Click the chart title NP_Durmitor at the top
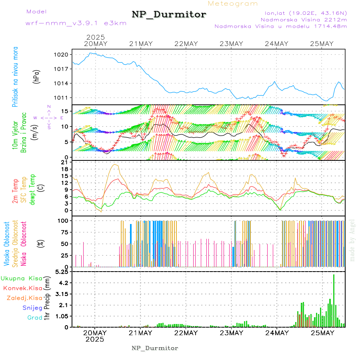click(x=169, y=15)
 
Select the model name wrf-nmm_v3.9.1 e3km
click(x=76, y=23)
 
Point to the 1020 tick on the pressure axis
click(x=64, y=54)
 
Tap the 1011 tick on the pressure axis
click(x=64, y=98)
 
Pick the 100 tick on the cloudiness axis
click(x=64, y=220)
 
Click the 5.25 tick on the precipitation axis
click(x=63, y=272)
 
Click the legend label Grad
click(x=34, y=318)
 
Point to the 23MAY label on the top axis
click(x=232, y=44)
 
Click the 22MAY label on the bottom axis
click(x=186, y=333)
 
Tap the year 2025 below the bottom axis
click(x=95, y=339)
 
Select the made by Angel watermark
click(x=352, y=240)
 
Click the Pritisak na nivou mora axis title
click(x=15, y=77)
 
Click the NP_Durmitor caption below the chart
click(x=155, y=348)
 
